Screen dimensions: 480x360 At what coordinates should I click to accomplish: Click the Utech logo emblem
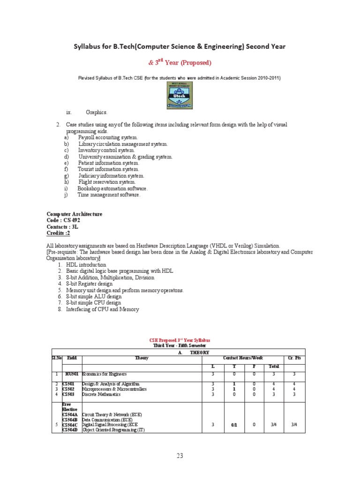180,96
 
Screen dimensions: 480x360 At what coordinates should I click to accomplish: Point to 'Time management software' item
109,195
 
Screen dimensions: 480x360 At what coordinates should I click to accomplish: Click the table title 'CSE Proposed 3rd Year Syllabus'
180,340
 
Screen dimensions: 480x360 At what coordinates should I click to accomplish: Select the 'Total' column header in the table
273,366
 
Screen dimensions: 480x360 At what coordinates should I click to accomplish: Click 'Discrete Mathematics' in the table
101,394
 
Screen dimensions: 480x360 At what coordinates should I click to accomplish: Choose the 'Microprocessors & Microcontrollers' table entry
114,389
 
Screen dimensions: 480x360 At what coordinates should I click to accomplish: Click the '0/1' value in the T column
234,425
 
